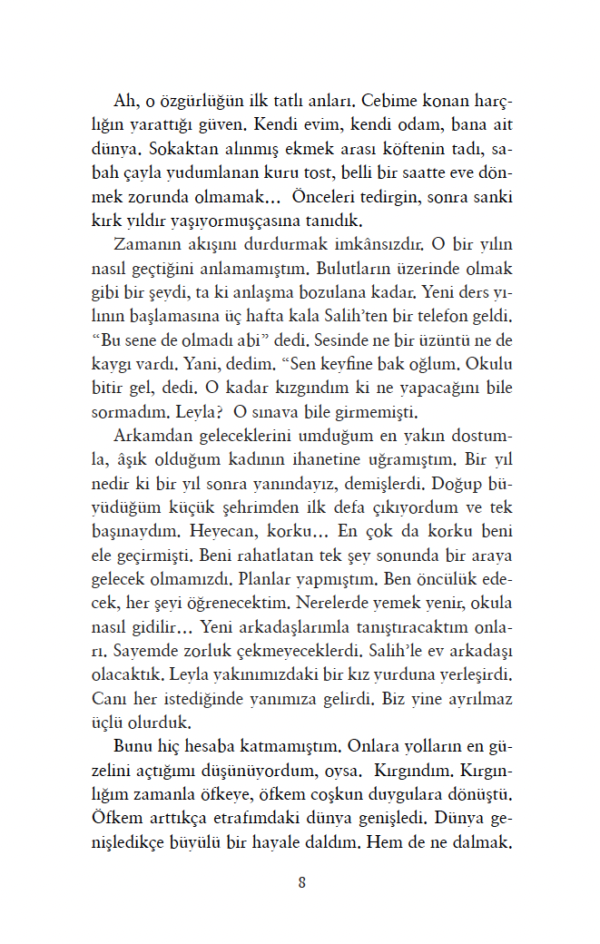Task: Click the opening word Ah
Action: point(123,99)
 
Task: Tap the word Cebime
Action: point(393,99)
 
